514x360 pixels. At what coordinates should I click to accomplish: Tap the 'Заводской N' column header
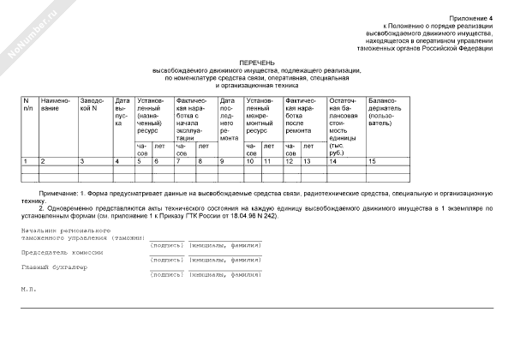pos(93,105)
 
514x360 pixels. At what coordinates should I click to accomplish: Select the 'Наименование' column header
pos(56,105)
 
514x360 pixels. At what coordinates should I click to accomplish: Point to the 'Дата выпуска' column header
pos(122,112)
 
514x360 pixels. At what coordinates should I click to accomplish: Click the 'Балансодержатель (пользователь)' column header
pos(385,112)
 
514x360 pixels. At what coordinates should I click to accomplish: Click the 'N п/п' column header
pos(28,105)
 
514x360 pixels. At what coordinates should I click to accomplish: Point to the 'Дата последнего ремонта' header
pos(229,120)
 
